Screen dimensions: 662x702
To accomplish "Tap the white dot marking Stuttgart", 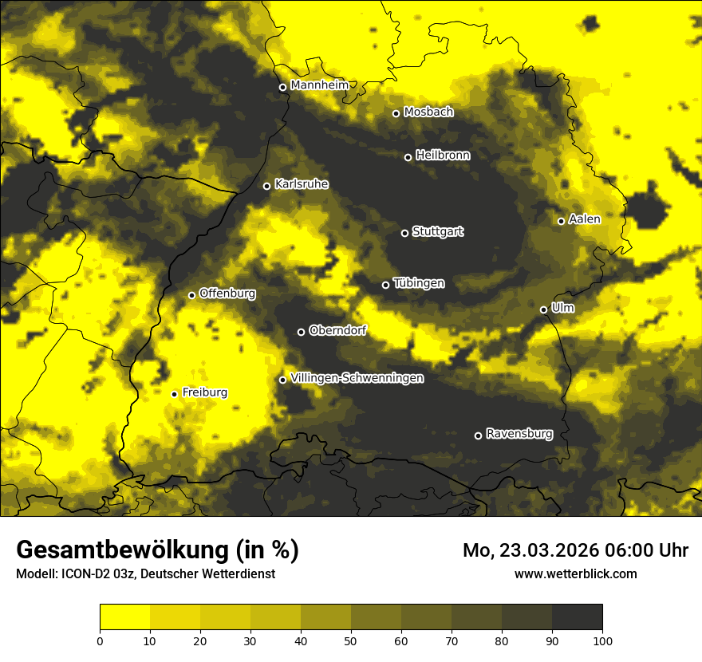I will [x=404, y=233].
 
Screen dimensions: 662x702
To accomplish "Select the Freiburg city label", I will [x=204, y=392].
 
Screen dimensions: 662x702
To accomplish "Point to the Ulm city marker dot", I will [x=543, y=309].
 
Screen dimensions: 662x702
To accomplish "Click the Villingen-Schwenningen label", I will [x=357, y=378].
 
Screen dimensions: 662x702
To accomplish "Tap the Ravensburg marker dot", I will [x=478, y=435].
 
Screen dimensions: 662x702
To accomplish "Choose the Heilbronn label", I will [x=443, y=156].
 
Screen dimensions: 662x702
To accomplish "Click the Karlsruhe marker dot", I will [x=266, y=186].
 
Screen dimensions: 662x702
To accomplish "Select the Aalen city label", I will [x=585, y=219].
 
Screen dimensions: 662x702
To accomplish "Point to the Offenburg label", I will [x=227, y=294].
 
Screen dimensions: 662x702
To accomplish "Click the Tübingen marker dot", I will [x=385, y=285].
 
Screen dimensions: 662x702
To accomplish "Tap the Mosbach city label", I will [x=428, y=112].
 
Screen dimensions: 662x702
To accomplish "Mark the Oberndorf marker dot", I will [x=301, y=332].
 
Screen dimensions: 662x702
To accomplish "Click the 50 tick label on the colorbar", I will [x=351, y=640].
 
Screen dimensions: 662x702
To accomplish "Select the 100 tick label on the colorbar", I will [x=602, y=640].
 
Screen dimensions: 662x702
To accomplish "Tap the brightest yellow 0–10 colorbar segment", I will [x=124, y=617].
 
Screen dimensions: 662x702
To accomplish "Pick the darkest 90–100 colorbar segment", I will [x=577, y=617].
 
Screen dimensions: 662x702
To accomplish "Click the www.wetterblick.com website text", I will [x=575, y=573].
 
